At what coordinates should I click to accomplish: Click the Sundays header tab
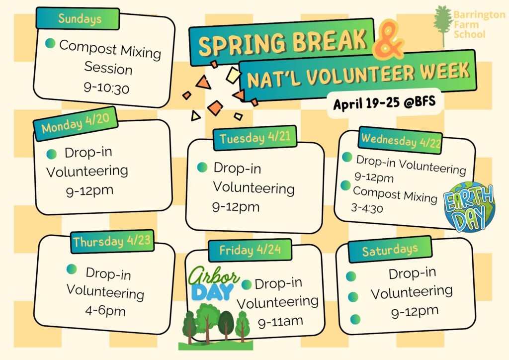(78, 18)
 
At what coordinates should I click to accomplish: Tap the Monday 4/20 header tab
(76, 124)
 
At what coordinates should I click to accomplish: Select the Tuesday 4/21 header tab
(255, 138)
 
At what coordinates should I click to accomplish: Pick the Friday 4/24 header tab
(250, 250)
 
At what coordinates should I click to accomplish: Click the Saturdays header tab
(390, 250)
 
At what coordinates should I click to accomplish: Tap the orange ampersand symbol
(387, 40)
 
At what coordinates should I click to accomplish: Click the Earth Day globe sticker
(469, 207)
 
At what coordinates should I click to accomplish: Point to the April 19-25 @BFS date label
(384, 102)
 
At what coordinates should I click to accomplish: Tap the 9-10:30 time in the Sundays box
(106, 88)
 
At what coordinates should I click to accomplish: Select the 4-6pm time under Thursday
(105, 311)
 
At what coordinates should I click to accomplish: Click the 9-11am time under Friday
(280, 322)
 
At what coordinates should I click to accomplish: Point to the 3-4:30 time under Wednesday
(367, 208)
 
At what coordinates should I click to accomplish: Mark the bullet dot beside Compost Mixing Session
(50, 43)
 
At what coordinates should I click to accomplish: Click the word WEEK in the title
(446, 72)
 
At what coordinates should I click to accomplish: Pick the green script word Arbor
(214, 276)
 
